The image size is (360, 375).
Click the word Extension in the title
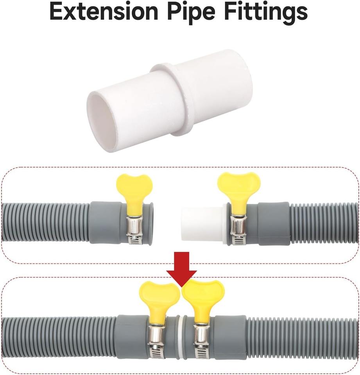(x=104, y=12)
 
